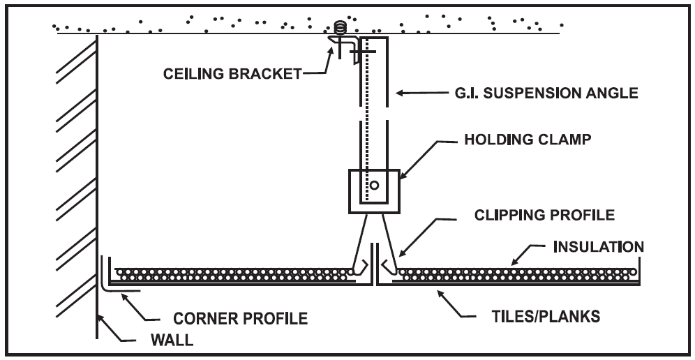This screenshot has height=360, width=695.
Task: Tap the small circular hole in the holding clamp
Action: tap(374, 186)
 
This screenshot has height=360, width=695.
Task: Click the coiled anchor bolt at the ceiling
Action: tap(341, 29)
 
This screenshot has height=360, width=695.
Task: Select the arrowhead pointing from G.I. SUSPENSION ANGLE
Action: tap(396, 91)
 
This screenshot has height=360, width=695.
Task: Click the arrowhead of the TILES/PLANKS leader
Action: tap(440, 287)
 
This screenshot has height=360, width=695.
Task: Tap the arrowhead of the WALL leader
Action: tap(100, 315)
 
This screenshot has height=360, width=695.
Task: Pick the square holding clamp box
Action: tap(373, 189)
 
